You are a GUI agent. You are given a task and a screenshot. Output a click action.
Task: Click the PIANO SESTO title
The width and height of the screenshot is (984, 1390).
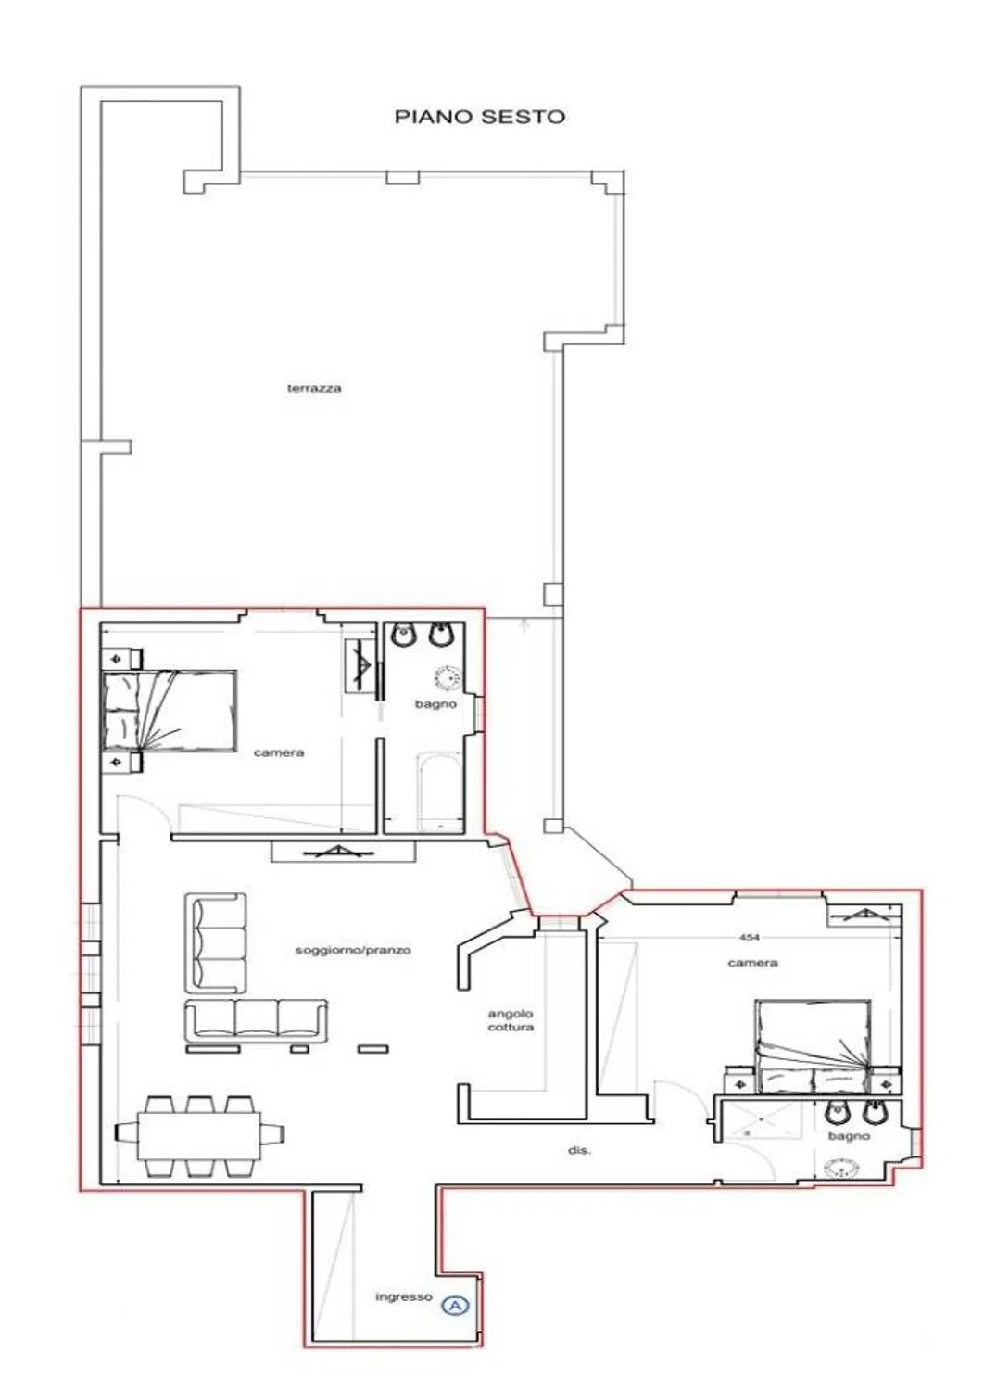coord(480,117)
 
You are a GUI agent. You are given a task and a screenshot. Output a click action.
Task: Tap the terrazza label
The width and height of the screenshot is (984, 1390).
coord(314,388)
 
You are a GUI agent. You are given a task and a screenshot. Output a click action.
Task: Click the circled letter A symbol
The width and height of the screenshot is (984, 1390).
coord(455,1288)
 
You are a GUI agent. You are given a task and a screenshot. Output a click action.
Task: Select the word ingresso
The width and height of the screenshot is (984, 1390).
coord(404,1280)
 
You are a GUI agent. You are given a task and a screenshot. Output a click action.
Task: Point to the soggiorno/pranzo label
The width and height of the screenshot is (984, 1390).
coord(353,950)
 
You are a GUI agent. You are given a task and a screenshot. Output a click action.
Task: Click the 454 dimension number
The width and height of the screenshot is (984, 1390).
coord(750,937)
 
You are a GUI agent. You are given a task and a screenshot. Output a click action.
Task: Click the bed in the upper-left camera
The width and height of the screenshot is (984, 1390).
coord(169,711)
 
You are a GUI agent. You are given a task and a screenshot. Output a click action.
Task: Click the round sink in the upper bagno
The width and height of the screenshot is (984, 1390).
coord(447,678)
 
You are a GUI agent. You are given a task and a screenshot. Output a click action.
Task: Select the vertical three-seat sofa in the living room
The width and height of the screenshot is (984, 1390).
coord(215,943)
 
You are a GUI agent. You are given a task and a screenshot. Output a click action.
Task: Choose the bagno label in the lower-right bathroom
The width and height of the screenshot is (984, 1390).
coord(849,1136)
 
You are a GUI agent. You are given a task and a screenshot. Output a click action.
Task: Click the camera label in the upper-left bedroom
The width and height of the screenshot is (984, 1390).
coord(279,752)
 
